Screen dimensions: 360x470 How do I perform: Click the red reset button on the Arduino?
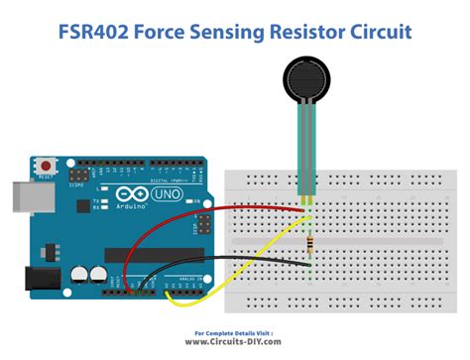(x=45, y=164)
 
